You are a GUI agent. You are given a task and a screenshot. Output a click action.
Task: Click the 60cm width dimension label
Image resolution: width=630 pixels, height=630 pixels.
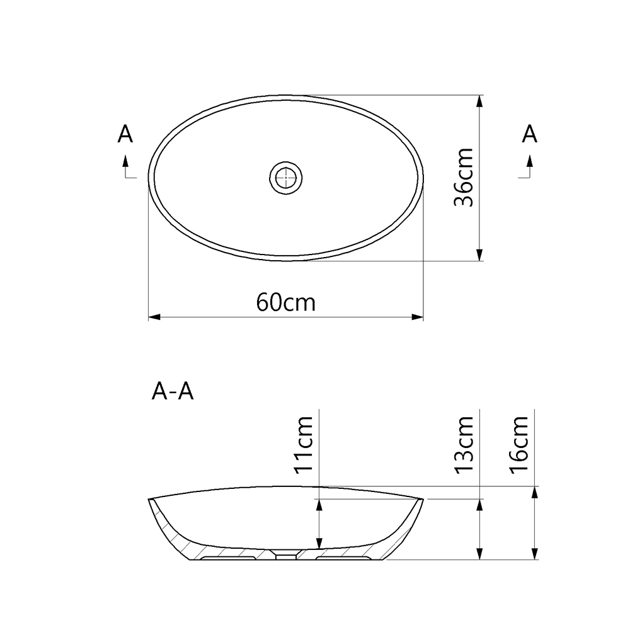click(285, 302)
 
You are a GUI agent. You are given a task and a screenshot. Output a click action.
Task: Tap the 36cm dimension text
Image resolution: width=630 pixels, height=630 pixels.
click(464, 178)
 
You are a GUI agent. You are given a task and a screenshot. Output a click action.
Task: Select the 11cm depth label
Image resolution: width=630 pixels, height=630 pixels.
click(304, 444)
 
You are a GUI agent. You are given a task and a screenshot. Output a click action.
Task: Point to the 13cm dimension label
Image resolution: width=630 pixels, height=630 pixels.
click(464, 444)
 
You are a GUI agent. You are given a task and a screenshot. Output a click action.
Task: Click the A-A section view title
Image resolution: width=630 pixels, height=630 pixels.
click(172, 392)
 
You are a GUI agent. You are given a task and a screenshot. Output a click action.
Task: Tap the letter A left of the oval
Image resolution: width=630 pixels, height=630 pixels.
click(126, 134)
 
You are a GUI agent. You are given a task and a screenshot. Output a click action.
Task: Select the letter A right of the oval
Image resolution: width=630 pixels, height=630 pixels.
click(530, 134)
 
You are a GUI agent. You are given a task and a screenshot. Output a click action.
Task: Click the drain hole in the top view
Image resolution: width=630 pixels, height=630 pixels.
click(287, 178)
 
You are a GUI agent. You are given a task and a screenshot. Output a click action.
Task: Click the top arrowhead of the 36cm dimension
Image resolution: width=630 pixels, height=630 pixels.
click(481, 100)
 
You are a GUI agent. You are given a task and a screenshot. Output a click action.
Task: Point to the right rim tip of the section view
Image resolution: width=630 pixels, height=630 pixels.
click(420, 499)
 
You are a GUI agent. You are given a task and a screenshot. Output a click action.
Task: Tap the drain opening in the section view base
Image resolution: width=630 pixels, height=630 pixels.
click(287, 555)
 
